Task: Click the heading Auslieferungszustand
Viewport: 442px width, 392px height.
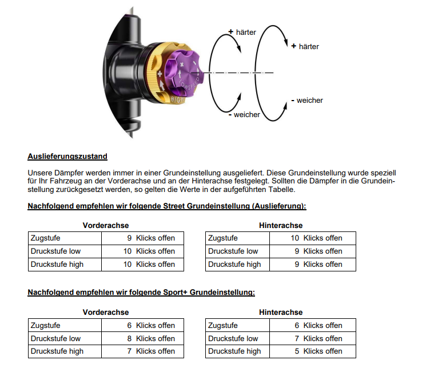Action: pos(67,156)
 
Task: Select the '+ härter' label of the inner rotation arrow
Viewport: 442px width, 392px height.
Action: pos(242,32)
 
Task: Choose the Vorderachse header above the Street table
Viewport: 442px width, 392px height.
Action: pos(106,225)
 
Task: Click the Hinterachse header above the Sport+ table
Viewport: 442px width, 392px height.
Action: pos(281,312)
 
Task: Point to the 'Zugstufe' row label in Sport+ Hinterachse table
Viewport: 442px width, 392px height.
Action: pos(223,325)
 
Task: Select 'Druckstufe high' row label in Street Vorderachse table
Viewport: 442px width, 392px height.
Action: pos(57,264)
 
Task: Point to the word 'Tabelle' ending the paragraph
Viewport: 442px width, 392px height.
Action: pos(281,189)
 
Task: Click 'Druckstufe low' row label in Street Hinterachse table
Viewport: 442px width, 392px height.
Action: pos(233,251)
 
